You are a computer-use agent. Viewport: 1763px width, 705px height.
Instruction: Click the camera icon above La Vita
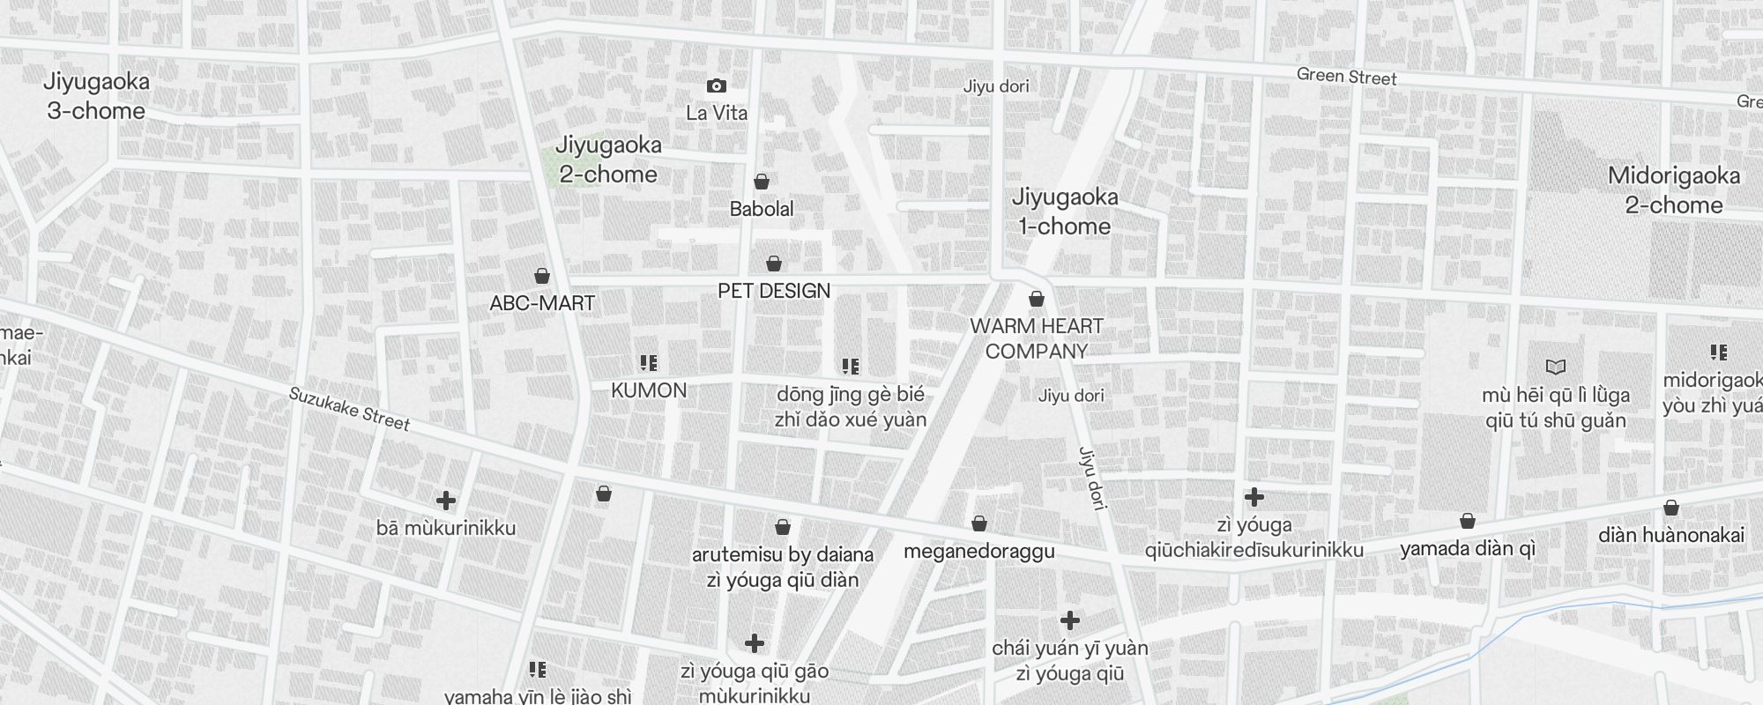[717, 85]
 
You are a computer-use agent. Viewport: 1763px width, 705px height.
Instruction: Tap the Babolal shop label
[762, 209]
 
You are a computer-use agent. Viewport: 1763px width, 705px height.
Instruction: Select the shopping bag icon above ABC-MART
[542, 276]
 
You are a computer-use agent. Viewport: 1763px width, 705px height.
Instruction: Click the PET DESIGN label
[774, 291]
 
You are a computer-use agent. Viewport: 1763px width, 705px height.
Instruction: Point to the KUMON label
[649, 390]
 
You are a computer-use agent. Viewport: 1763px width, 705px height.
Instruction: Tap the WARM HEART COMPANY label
[1037, 338]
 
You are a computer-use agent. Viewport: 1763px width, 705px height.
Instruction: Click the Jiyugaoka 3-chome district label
[96, 96]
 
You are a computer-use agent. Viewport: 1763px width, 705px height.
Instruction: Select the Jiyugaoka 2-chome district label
[608, 160]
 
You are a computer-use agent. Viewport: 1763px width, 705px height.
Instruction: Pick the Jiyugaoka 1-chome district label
[1065, 211]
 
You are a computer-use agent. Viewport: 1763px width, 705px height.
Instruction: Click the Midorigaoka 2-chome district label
[1674, 190]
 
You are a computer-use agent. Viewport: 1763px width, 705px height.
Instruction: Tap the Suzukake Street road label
[350, 409]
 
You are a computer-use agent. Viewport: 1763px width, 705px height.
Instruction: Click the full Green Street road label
[1346, 77]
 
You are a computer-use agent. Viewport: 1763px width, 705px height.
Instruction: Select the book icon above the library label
[1556, 367]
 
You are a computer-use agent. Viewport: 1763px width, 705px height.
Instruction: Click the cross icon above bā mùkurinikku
[446, 501]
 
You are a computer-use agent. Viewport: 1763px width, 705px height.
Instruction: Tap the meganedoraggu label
[979, 552]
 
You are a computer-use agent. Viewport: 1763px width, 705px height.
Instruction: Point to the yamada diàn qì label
[1468, 548]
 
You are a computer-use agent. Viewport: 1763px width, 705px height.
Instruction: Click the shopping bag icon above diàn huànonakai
[1671, 508]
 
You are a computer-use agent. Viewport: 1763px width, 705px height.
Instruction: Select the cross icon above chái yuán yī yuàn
[1069, 620]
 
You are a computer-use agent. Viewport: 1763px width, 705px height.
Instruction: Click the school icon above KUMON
[649, 362]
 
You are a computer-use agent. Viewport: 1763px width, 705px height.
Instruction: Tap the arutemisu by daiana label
[783, 554]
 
